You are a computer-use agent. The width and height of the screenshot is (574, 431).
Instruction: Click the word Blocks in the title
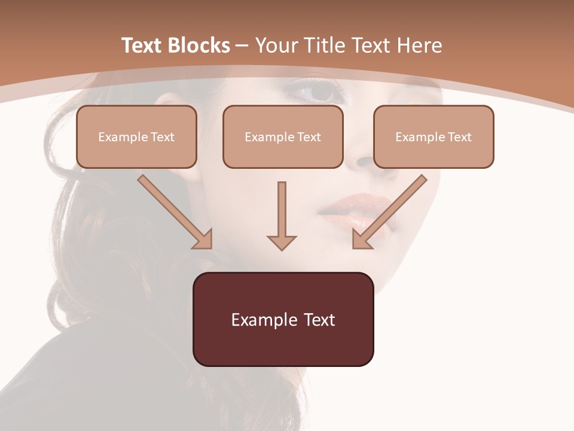198,45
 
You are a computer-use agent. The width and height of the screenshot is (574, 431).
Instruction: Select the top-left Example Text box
136,136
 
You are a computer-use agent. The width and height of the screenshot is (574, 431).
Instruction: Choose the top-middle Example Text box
283,136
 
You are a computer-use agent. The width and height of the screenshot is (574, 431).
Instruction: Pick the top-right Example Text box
433,136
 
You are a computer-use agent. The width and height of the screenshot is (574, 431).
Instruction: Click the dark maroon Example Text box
283,319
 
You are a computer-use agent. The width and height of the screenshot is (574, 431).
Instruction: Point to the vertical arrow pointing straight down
282,215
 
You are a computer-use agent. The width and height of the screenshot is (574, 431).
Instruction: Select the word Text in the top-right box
459,136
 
